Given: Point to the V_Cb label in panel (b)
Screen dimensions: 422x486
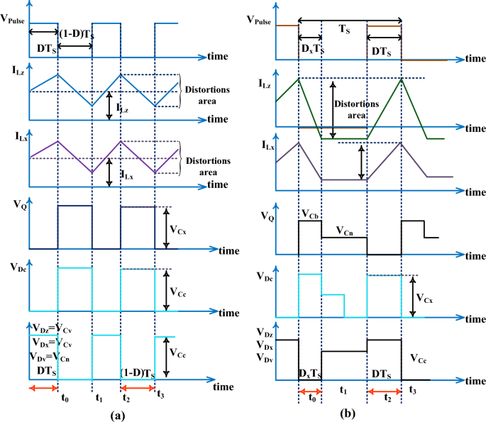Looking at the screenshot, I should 310,213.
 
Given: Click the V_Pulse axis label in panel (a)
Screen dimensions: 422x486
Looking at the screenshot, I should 13,21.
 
